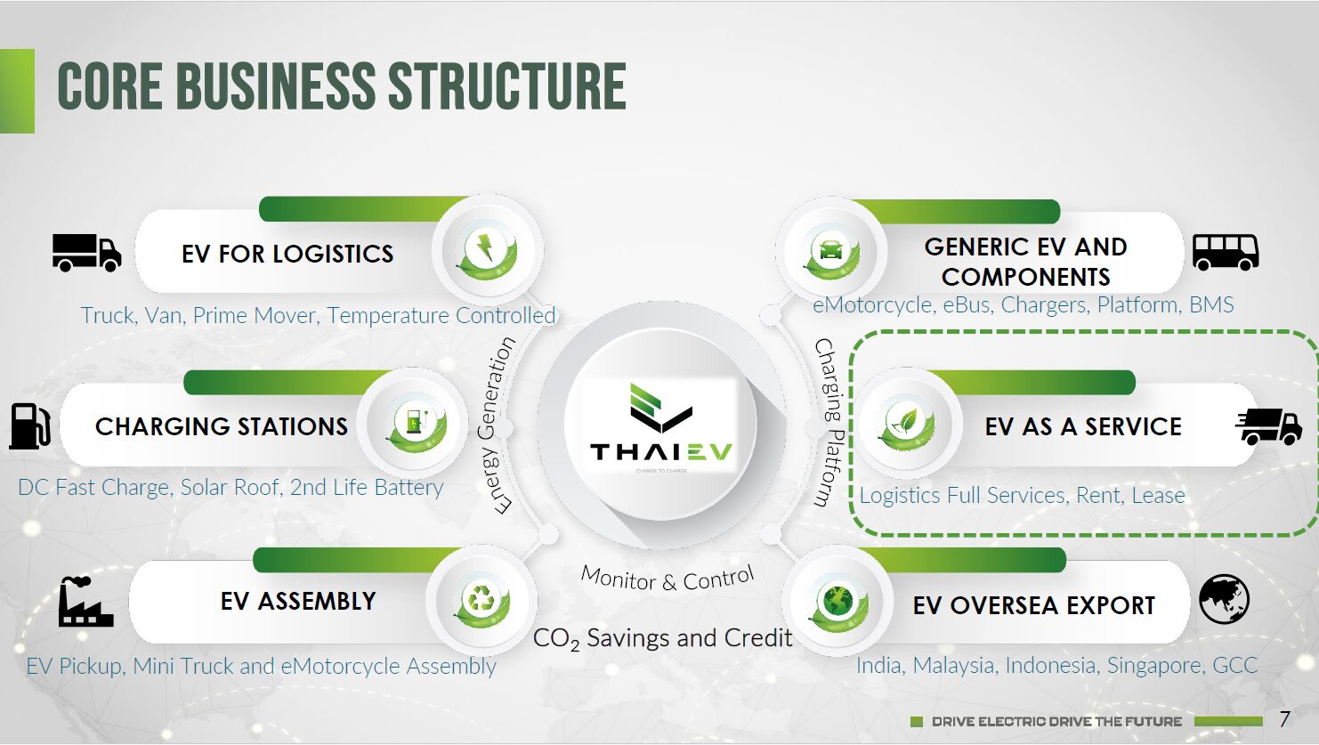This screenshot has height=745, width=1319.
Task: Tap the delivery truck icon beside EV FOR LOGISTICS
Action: point(87,254)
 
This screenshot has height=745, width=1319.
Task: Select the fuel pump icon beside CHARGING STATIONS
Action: point(29,425)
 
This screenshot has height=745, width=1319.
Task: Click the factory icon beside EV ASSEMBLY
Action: point(86,602)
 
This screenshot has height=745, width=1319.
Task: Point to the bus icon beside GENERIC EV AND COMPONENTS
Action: point(1226,253)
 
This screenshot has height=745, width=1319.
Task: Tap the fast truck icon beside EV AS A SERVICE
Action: point(1269,426)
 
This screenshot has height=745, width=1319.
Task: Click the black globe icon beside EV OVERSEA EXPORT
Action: point(1224,599)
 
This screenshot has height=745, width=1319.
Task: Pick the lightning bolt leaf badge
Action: point(487,253)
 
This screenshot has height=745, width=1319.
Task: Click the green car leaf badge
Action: point(831,252)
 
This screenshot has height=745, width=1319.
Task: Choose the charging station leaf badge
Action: point(417,424)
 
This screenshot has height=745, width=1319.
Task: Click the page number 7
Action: point(1285,719)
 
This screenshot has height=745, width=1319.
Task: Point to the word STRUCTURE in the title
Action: point(507,86)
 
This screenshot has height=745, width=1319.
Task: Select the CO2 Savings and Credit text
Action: point(662,639)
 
